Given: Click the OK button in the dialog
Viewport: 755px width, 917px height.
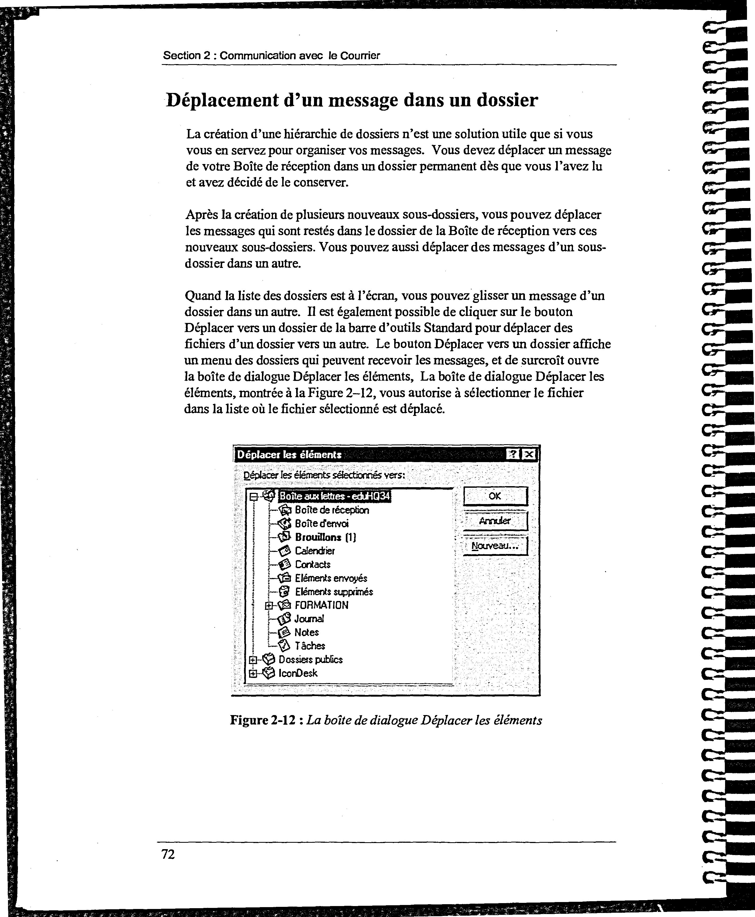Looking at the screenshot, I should pos(495,496).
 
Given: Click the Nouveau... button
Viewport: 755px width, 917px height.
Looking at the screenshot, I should pos(495,546).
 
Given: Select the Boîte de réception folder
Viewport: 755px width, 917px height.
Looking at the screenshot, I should pos(331,510).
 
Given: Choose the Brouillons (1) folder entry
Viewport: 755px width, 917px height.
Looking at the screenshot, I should pos(325,537).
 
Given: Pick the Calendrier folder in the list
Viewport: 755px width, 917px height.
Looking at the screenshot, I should pos(315,551).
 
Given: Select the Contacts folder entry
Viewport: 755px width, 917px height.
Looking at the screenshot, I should pos(312,564).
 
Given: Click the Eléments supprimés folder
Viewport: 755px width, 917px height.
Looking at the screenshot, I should pos(334,591).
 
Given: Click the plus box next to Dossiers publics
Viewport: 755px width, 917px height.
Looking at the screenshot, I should pos(253,659).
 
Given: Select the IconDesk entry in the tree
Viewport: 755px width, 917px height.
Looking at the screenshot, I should pos(298,673).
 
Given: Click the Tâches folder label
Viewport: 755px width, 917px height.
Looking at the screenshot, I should pos(310,646).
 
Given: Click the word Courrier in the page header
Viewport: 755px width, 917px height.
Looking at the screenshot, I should pos(360,56).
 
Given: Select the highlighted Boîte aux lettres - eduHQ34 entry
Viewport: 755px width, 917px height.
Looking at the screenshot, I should pos(334,496).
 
